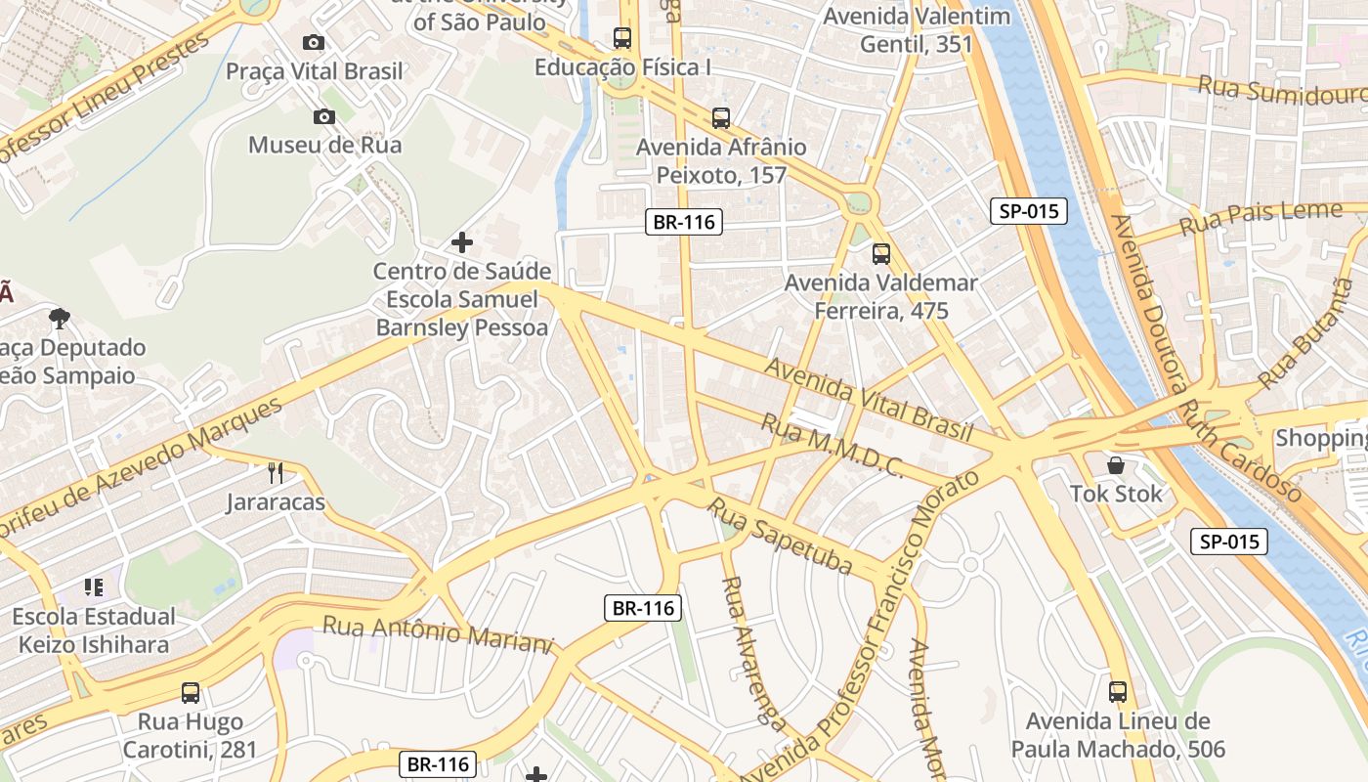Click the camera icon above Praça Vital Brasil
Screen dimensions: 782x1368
(314, 42)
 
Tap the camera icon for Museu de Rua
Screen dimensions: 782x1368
(324, 117)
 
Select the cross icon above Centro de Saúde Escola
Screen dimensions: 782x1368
(462, 241)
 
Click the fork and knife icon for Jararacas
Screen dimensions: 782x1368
(276, 474)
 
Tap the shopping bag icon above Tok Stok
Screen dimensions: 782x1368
(1116, 465)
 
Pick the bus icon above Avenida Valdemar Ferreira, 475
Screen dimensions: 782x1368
(881, 254)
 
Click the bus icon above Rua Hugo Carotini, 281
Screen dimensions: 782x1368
(191, 693)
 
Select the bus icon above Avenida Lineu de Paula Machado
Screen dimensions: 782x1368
(1118, 692)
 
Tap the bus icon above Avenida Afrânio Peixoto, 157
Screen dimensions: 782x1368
(721, 118)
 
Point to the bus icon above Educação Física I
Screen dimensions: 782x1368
(622, 38)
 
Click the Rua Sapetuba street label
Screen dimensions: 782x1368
(782, 537)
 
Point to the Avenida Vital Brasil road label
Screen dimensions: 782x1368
(869, 399)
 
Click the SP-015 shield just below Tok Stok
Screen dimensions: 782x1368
(1229, 542)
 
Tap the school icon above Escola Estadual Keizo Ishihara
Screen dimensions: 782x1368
(94, 587)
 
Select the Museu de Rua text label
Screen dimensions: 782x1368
(324, 145)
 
